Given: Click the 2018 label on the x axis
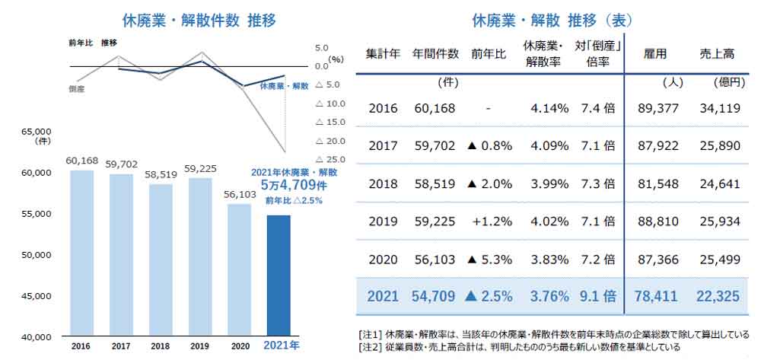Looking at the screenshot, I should point(159,346).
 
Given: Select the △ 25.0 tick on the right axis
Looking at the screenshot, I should point(330,160).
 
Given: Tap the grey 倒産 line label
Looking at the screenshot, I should point(76,89).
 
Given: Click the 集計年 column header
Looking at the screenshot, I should point(383,54).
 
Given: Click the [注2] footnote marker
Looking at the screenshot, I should point(369,347).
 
